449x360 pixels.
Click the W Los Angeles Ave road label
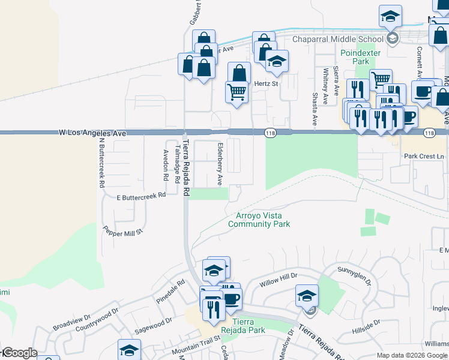pyautogui.click(x=92, y=132)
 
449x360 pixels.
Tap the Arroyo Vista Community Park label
pyautogui.click(x=259, y=220)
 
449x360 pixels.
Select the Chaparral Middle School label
pyautogui.click(x=337, y=40)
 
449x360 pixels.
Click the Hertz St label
pyautogui.click(x=266, y=84)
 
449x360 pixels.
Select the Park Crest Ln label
pyautogui.click(x=424, y=156)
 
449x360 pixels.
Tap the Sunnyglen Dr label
pyautogui.click(x=355, y=275)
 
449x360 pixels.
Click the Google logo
pyautogui.click(x=19, y=353)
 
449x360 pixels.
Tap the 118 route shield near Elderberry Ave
pyautogui.click(x=270, y=132)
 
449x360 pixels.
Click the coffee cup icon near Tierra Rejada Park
pyautogui.click(x=231, y=298)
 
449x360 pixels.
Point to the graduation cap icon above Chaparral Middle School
pyautogui.click(x=390, y=16)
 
